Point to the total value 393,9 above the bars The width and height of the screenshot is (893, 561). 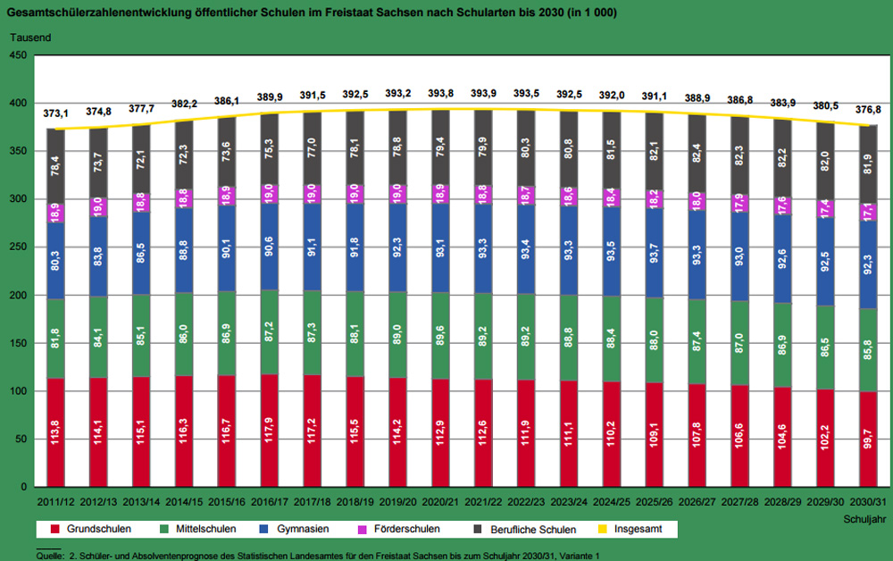pyautogui.click(x=483, y=94)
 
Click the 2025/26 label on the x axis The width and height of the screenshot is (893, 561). pyautogui.click(x=655, y=503)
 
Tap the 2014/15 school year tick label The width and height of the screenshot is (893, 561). pyautogui.click(x=185, y=503)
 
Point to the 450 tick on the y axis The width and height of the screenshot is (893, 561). pyautogui.click(x=19, y=55)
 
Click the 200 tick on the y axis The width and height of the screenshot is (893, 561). pyautogui.click(x=19, y=296)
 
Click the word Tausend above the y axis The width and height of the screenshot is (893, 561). pyautogui.click(x=30, y=38)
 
